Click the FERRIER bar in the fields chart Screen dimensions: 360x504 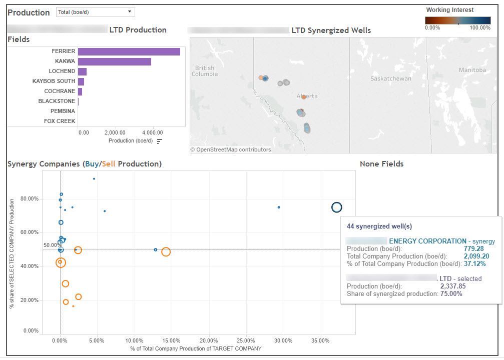coord(129,51)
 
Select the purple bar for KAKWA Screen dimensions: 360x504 coord(114,61)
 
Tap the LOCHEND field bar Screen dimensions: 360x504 coord(82,71)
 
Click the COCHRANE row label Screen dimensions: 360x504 coord(60,91)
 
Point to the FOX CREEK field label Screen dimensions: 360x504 coord(60,121)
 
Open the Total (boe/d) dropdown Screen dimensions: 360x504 coord(95,12)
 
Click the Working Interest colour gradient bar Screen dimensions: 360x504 coord(457,20)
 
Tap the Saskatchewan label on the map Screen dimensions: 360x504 coord(390,79)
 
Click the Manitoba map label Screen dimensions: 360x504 coord(472,70)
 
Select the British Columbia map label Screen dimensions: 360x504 coord(205,71)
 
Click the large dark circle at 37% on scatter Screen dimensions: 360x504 coord(337,207)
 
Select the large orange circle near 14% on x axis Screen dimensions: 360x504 coord(166,252)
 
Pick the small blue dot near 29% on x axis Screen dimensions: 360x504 coord(279,207)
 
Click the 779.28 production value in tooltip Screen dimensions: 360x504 coord(473,248)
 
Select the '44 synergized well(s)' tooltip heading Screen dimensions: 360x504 coord(379,226)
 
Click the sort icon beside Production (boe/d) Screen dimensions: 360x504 coord(160,141)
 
